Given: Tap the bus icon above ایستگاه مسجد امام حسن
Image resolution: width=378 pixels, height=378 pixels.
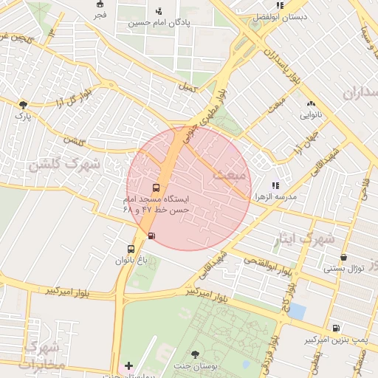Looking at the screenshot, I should (155, 188).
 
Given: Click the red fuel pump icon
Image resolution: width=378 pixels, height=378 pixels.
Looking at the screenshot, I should (151, 236).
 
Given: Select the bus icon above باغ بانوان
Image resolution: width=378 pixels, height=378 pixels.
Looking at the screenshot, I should (131, 249).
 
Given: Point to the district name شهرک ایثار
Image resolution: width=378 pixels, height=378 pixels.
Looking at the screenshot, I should (304, 239).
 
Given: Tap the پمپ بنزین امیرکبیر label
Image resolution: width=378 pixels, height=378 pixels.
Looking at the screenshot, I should (337, 340).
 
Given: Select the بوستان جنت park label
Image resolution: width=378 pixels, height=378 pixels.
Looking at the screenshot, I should (195, 365).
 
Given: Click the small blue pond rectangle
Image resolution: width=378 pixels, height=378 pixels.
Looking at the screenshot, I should (296, 311).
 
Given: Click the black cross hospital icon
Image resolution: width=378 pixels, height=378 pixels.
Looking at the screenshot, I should (129, 365).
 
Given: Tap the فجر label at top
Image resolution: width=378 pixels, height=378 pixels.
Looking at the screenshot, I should (100, 15).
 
